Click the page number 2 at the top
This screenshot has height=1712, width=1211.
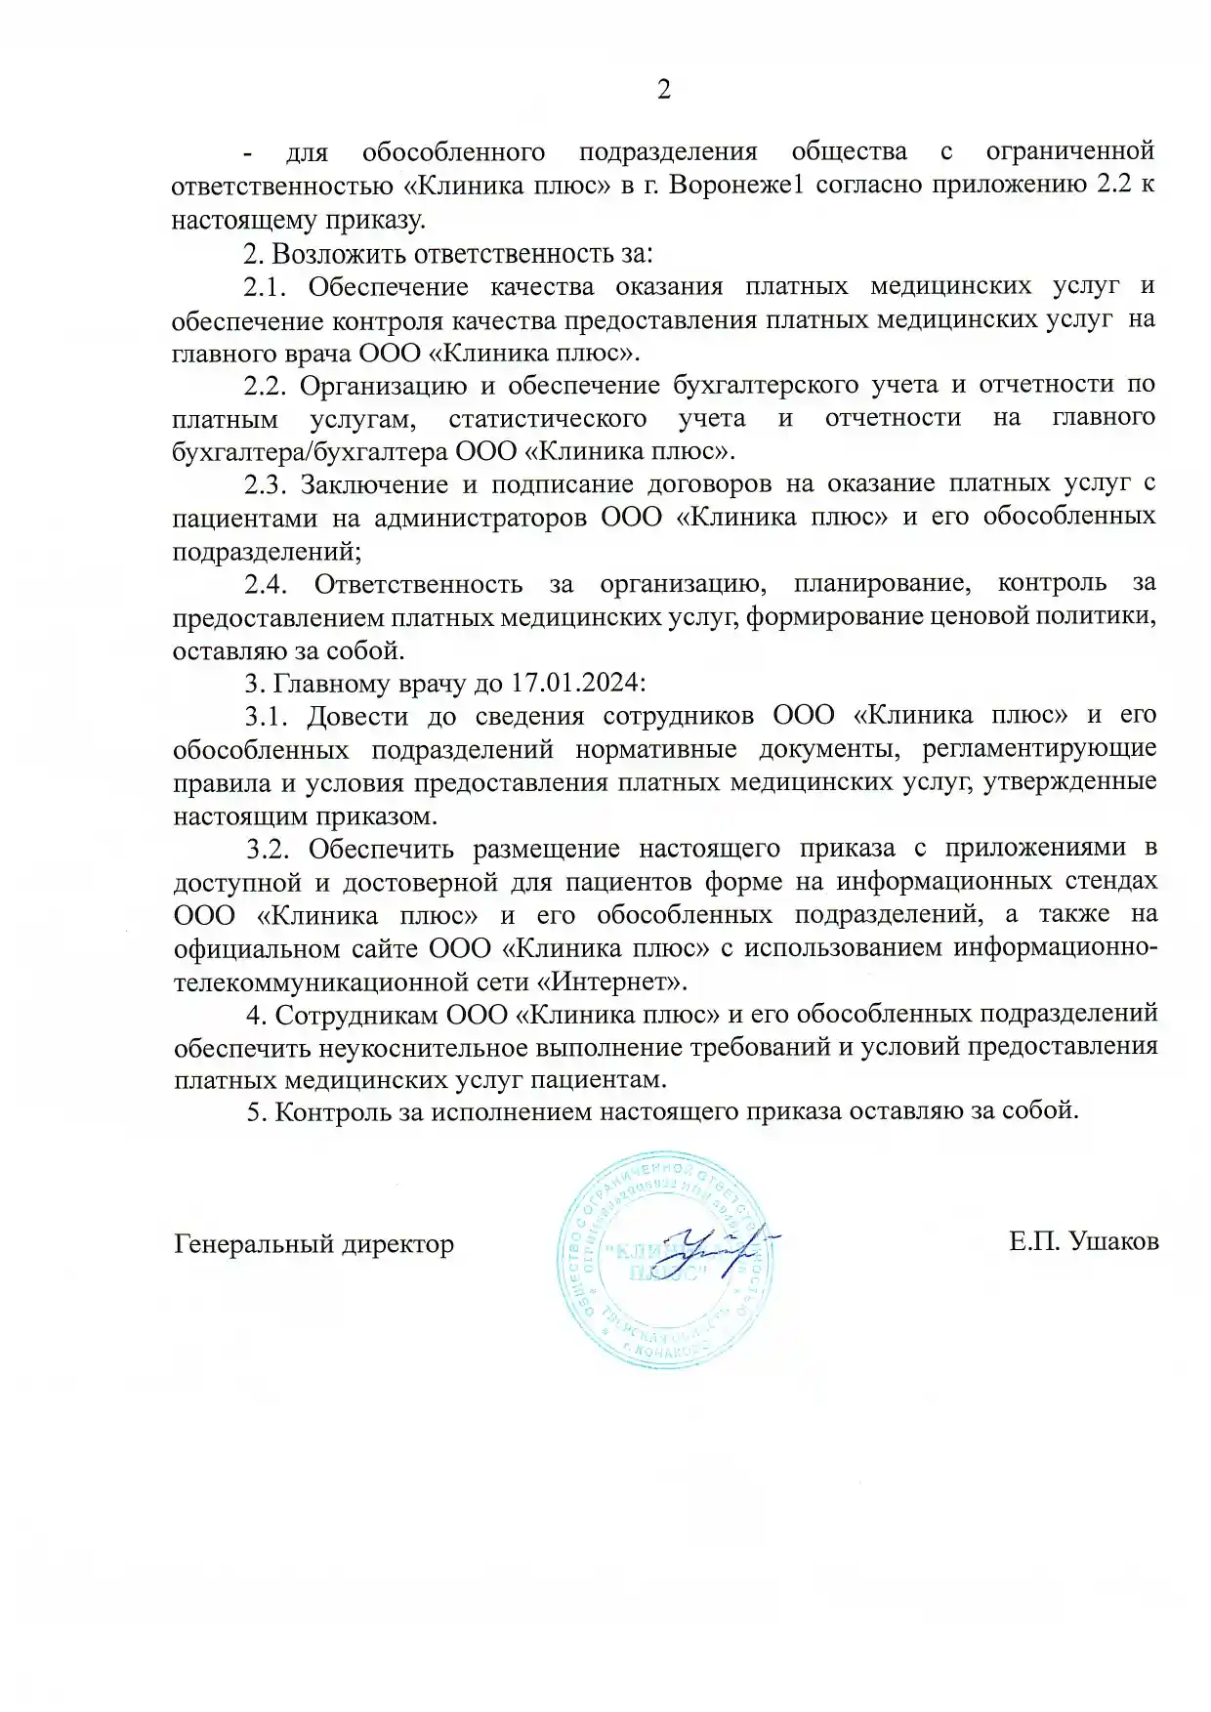pyautogui.click(x=664, y=91)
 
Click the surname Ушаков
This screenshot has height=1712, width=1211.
pyautogui.click(x=1113, y=1242)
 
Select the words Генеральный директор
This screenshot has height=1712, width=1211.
pyautogui.click(x=313, y=1244)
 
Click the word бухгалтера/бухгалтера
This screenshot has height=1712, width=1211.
pyautogui.click(x=311, y=452)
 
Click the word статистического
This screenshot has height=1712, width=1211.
pyautogui.click(x=547, y=419)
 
